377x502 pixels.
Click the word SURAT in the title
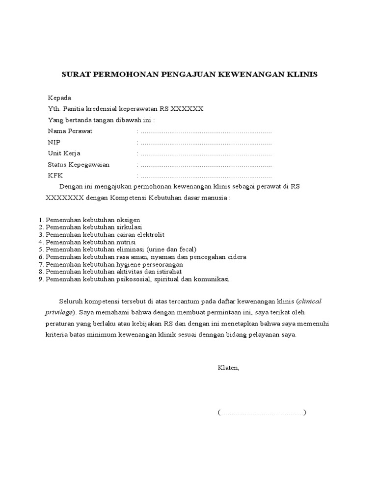[x=73, y=75]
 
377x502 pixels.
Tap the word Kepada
[x=59, y=98]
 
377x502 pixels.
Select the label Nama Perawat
[x=70, y=131]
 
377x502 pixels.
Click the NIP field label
[x=54, y=143]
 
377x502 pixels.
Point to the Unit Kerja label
[x=64, y=153]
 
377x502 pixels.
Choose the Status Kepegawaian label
[x=79, y=165]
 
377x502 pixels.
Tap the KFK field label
[x=55, y=176]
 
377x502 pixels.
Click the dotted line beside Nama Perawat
[x=206, y=132]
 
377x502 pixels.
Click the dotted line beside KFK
[x=206, y=176]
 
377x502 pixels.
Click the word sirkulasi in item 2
[x=129, y=227]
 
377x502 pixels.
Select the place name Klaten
[x=228, y=367]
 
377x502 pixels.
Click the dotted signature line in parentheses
[x=262, y=412]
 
